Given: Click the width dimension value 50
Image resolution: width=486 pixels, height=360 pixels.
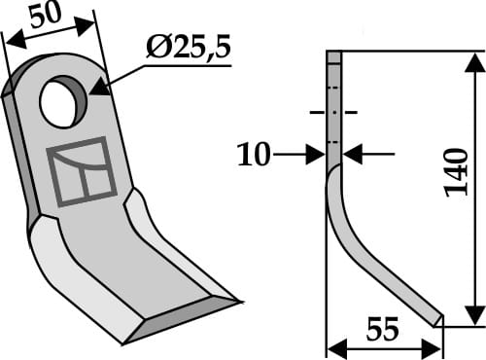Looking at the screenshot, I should click(46, 17).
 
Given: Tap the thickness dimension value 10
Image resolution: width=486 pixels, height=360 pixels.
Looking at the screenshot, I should click(255, 153).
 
